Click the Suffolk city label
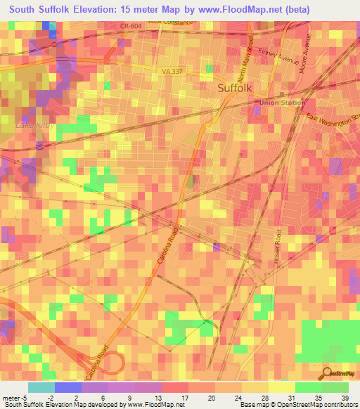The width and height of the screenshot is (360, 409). pos(239,89)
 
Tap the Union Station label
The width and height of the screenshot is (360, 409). pos(282,103)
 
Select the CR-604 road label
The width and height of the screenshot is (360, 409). pos(131,25)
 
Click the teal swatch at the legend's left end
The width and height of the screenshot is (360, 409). pos(41,387)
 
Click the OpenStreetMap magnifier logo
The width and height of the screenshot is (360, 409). pos(328,373)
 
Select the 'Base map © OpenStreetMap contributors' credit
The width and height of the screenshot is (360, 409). pos(296,405)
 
